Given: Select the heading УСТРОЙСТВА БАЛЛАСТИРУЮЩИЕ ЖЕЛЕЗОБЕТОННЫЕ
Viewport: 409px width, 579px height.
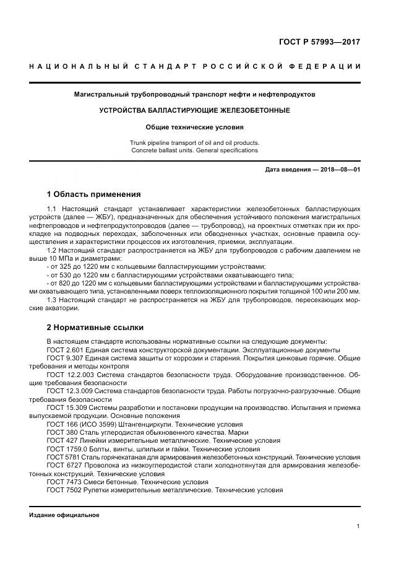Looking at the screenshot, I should click(x=194, y=110).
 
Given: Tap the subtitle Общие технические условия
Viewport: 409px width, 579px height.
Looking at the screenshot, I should click(x=194, y=127).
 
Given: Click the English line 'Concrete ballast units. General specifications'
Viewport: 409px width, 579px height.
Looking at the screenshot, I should click(x=194, y=150).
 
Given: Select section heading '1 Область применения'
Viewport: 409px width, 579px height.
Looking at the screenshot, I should click(x=94, y=194).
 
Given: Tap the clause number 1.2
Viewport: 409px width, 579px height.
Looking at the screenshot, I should click(x=52, y=249).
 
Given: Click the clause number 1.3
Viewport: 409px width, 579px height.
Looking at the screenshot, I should click(x=52, y=300).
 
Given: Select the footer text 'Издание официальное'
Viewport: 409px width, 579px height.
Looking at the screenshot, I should click(x=64, y=515).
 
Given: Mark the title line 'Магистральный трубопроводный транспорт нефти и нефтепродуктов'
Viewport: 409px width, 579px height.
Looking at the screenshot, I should click(x=194, y=95).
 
